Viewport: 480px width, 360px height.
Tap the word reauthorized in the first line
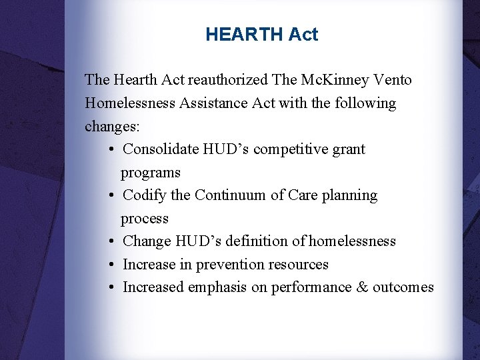pyautogui.click(x=228, y=80)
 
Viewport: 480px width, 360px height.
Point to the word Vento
pyautogui.click(x=393, y=80)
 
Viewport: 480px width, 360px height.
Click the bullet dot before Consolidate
pyautogui.click(x=110, y=149)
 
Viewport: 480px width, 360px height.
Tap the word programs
pyautogui.click(x=151, y=173)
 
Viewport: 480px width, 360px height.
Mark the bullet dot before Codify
pyautogui.click(x=110, y=195)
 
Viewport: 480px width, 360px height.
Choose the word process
pyautogui.click(x=145, y=219)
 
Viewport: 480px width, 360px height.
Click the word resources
pyautogui.click(x=298, y=265)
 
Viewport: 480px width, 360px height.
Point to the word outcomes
pyautogui.click(x=403, y=287)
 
